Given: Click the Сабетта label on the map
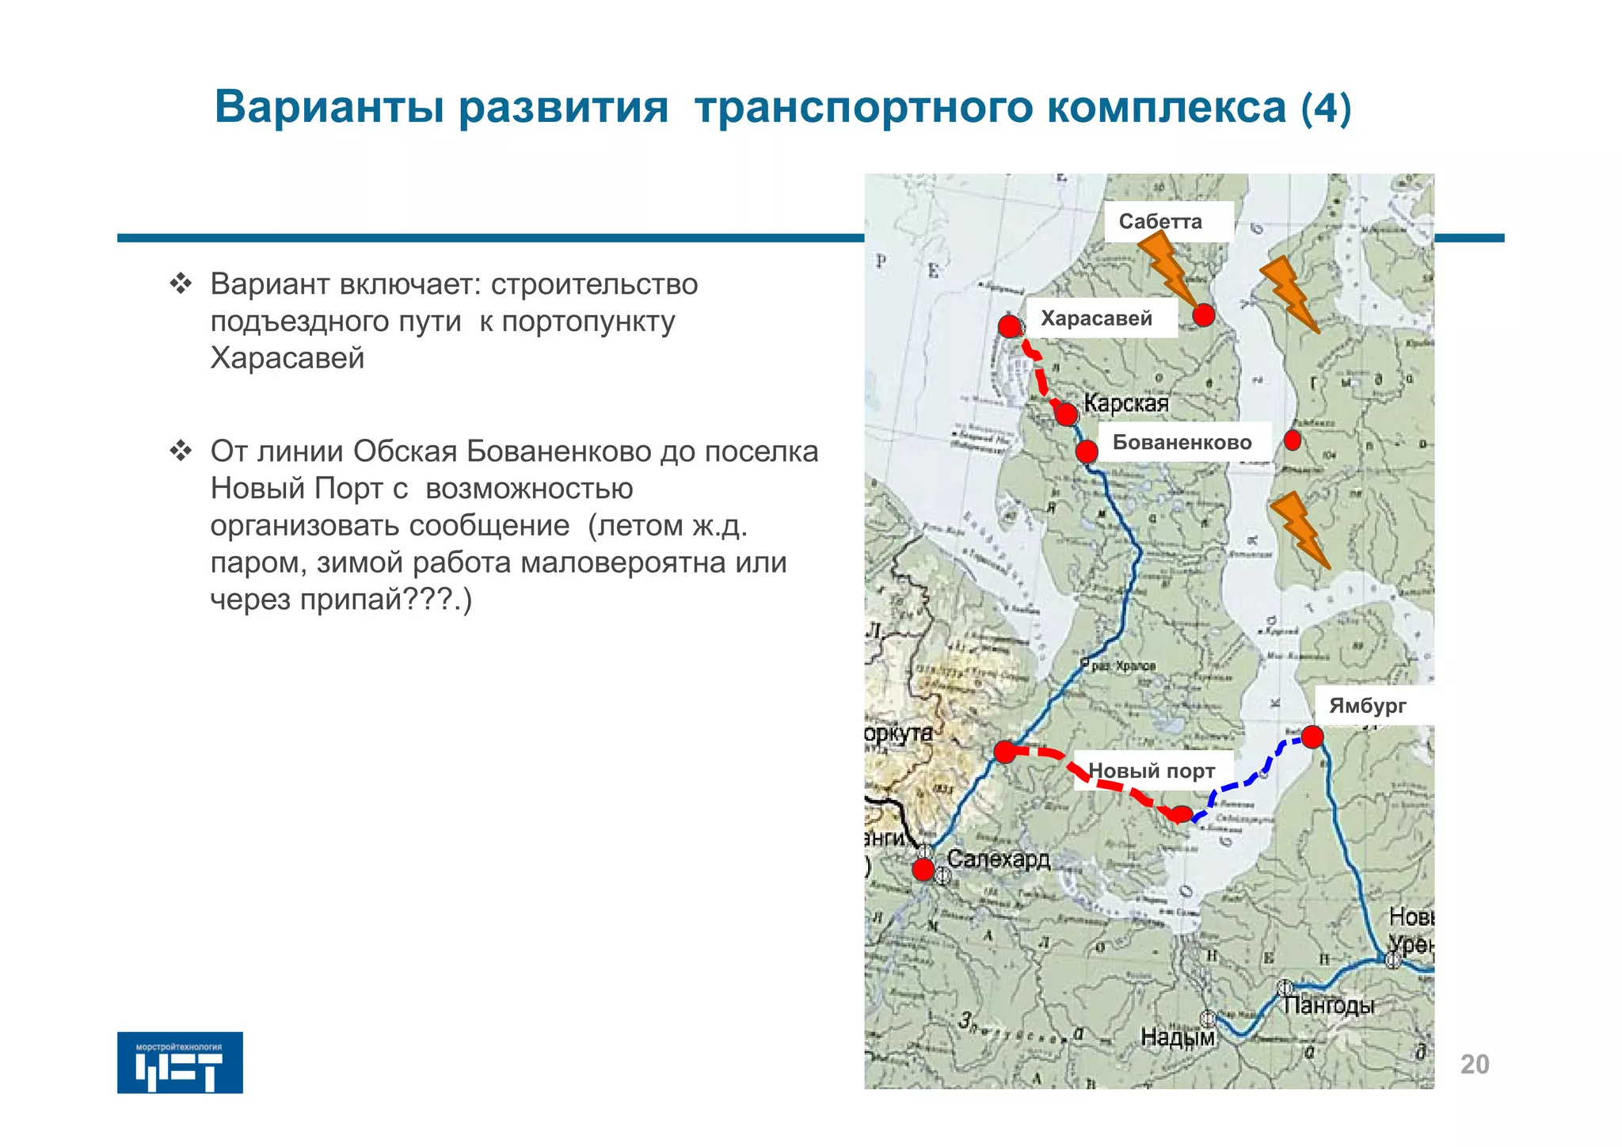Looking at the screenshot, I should click(x=1160, y=221).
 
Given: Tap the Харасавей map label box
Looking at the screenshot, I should click(x=1096, y=318).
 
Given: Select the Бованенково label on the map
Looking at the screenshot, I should click(x=1182, y=442).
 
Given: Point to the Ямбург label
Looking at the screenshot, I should click(x=1368, y=705).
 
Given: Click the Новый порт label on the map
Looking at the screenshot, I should click(x=1152, y=770).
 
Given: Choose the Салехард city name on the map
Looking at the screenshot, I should click(x=999, y=859).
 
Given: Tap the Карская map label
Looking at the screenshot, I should click(x=1126, y=403).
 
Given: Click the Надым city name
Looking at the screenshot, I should click(x=1177, y=1037).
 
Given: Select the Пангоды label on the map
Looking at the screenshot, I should click(x=1329, y=1005).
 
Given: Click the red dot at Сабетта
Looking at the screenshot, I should click(x=1203, y=315).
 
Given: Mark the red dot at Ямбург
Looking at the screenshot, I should click(x=1312, y=737).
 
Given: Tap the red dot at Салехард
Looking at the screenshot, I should click(x=923, y=869).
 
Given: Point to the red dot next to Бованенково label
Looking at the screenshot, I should click(x=1087, y=452).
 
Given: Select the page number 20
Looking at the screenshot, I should click(x=1475, y=1065).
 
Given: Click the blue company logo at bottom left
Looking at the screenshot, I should click(x=180, y=1062).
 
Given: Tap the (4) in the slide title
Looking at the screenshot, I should click(x=1326, y=108).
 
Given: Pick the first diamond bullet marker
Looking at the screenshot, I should click(x=181, y=284).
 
